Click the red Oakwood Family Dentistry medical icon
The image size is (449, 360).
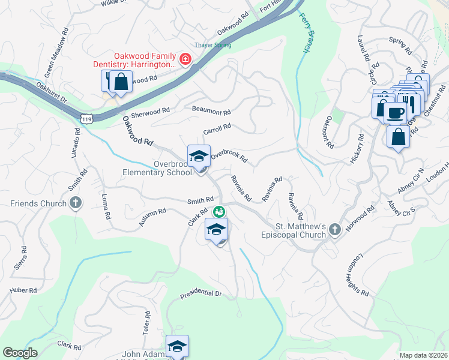(x=185, y=59)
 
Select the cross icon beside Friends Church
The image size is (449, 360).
(x=76, y=203)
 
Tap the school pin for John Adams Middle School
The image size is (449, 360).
(x=177, y=347)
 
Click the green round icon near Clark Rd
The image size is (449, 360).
(x=219, y=211)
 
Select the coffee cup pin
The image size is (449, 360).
(x=396, y=112)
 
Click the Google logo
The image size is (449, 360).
(x=20, y=353)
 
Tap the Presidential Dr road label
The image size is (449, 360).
(x=201, y=294)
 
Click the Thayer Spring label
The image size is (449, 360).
(x=212, y=45)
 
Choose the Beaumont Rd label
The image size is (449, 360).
(x=211, y=111)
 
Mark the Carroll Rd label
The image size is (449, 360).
(x=217, y=128)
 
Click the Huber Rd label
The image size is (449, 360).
(x=23, y=290)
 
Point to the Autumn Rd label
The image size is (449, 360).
(x=152, y=217)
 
